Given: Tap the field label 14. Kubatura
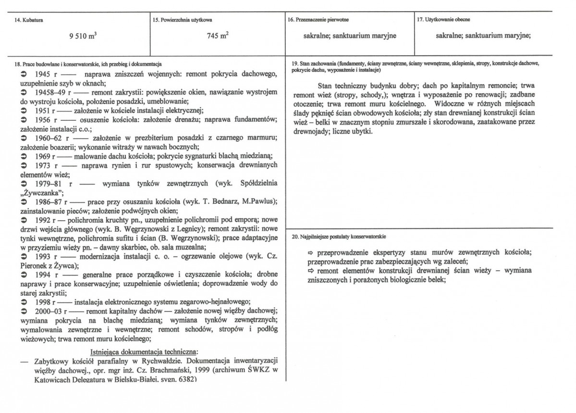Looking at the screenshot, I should pos(24,20).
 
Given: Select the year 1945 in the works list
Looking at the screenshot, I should pos(44,75).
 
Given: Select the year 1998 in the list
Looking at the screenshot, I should pos(44,301).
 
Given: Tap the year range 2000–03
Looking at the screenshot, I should pos(49,311).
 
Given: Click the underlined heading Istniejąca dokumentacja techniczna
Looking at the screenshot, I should pos(144,350).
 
